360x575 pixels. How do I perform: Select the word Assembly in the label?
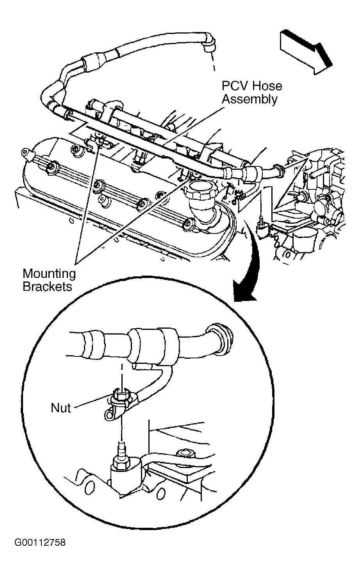click(x=250, y=99)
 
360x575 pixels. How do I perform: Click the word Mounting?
click(x=49, y=274)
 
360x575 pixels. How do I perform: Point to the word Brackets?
click(x=48, y=287)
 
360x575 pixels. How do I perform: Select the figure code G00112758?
click(x=40, y=542)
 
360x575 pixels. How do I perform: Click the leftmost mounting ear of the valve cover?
click(x=26, y=153)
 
